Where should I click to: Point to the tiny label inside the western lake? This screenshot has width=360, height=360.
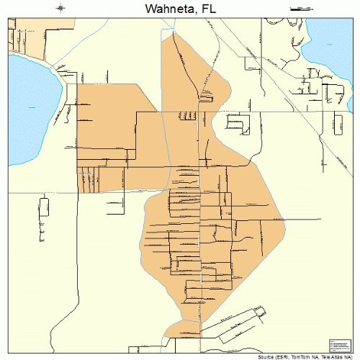pyautogui.click(x=32, y=108)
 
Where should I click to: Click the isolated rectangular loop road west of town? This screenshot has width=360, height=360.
pyautogui.click(x=45, y=209)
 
